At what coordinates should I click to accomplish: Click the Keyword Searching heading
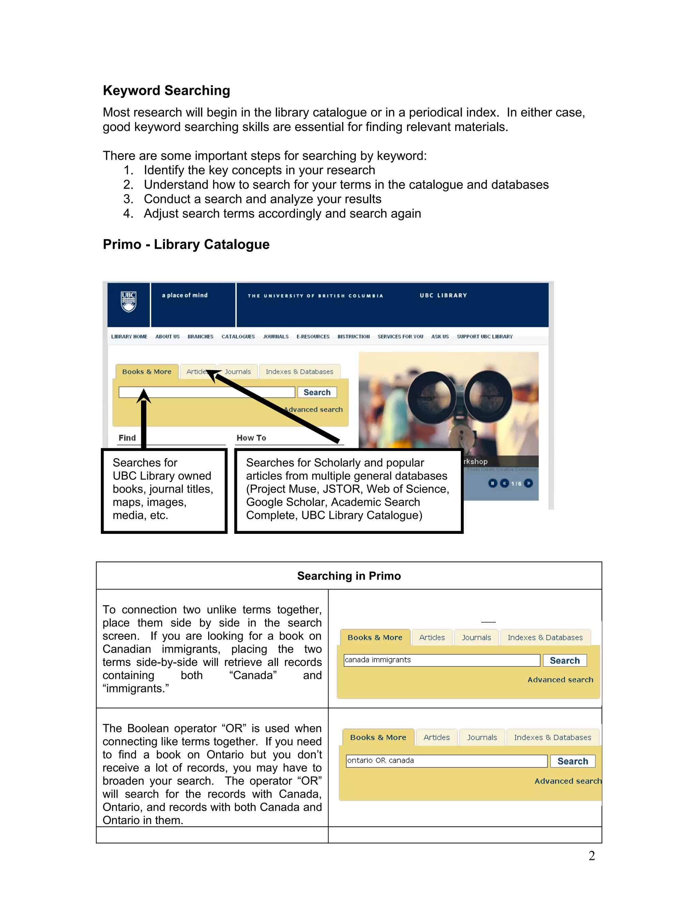[x=166, y=90]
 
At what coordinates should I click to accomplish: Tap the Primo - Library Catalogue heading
[x=186, y=244]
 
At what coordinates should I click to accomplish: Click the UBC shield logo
[x=128, y=301]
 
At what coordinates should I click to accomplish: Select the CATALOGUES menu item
[x=238, y=336]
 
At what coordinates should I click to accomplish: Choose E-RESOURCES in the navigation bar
[x=313, y=336]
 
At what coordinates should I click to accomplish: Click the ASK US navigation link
[x=440, y=336]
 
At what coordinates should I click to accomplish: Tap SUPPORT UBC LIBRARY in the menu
[x=485, y=336]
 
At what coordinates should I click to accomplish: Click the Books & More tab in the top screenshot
[x=147, y=372]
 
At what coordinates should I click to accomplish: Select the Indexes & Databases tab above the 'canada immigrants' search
[x=545, y=638]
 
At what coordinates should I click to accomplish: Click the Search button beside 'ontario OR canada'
[x=573, y=761]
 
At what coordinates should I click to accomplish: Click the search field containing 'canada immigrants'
[x=442, y=660]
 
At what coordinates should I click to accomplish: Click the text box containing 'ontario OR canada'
[x=446, y=761]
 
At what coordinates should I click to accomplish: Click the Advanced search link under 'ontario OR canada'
[x=568, y=781]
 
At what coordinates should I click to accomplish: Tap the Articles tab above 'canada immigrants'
[x=432, y=638]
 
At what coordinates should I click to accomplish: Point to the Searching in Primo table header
[x=349, y=576]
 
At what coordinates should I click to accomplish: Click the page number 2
[x=592, y=856]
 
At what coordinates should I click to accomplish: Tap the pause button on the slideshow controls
[x=492, y=483]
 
